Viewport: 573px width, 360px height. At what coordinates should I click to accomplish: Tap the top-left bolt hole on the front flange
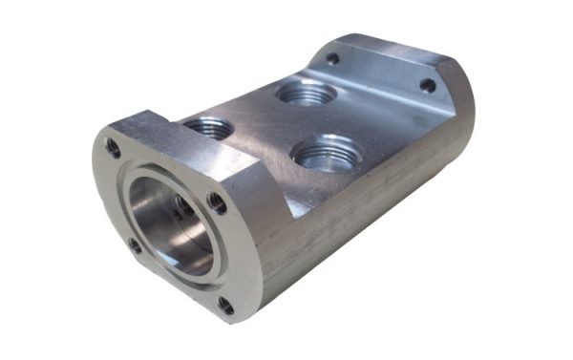[x=114, y=148]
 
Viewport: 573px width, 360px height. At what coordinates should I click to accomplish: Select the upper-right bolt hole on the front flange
[x=218, y=202]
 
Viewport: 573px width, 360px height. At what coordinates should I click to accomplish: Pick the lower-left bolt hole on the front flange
[x=136, y=245]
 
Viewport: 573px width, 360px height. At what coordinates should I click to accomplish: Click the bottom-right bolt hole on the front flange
[x=225, y=305]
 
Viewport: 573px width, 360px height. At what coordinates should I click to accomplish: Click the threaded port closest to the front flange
[x=208, y=126]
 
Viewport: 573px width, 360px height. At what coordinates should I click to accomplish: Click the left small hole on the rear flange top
[x=332, y=58]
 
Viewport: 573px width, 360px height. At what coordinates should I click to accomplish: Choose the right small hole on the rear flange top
[x=428, y=85]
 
